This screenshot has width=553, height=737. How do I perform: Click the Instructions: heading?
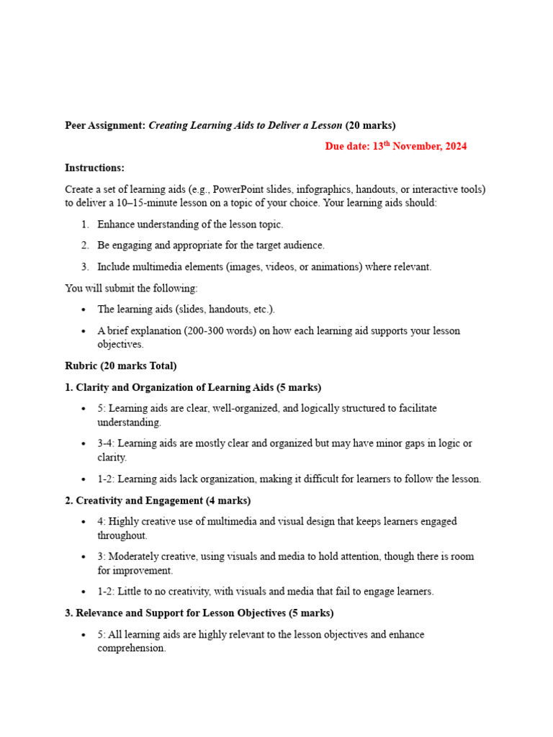click(94, 168)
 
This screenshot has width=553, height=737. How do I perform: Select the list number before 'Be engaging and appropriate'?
click(84, 245)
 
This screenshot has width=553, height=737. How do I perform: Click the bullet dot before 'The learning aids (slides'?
click(84, 309)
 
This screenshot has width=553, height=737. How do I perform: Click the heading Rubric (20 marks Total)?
click(120, 366)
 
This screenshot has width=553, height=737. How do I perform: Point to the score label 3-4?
click(107, 443)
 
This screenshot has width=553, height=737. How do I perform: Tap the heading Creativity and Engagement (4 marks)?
click(158, 500)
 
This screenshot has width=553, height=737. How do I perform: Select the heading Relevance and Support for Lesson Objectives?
click(199, 613)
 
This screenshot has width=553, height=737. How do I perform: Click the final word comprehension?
click(131, 648)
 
